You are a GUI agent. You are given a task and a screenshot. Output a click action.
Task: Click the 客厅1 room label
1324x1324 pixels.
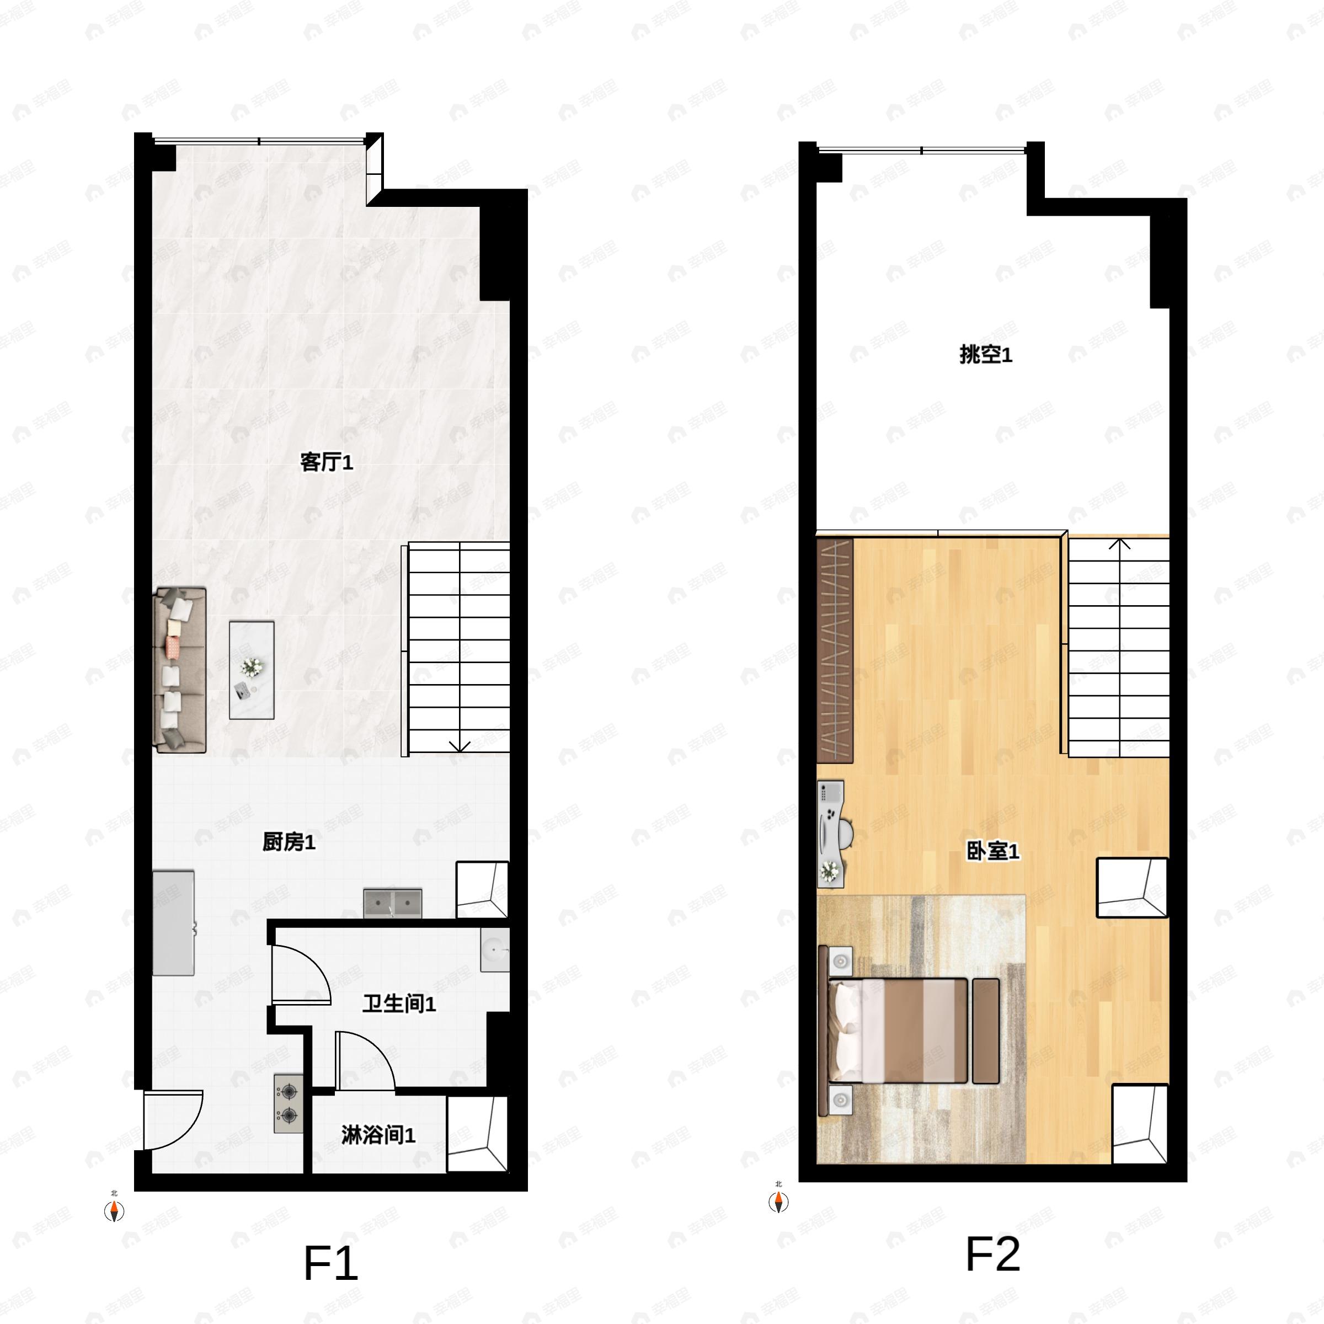click(326, 463)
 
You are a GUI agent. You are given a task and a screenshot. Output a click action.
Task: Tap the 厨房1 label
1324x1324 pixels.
click(289, 842)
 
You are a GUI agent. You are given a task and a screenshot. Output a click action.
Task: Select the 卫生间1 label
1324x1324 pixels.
click(399, 1004)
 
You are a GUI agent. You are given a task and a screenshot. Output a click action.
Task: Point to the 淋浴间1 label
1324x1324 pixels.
click(378, 1135)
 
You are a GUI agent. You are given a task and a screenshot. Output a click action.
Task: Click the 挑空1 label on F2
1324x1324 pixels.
click(985, 355)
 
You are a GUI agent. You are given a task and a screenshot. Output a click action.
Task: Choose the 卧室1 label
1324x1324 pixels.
click(992, 852)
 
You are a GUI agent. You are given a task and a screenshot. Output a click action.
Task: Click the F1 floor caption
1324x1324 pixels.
click(330, 1264)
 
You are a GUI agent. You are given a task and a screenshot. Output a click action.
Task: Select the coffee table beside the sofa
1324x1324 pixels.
click(252, 670)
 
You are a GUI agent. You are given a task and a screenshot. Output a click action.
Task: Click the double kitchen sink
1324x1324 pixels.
click(393, 903)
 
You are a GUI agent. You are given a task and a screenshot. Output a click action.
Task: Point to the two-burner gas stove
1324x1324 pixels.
click(289, 1103)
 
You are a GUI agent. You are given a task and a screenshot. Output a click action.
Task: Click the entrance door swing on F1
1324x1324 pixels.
click(173, 1120)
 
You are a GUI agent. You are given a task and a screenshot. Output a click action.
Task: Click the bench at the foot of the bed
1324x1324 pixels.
click(985, 1032)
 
